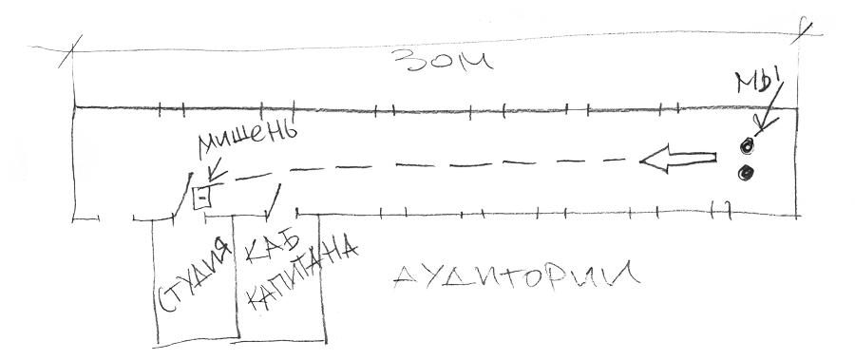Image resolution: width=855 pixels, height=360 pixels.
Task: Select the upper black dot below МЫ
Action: pos(747,145)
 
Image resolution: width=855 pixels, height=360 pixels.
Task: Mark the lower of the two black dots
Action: pos(746,173)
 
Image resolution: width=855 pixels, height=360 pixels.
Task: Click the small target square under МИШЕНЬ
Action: pos(201,197)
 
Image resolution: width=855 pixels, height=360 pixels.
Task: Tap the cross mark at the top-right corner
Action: pos(804,28)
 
